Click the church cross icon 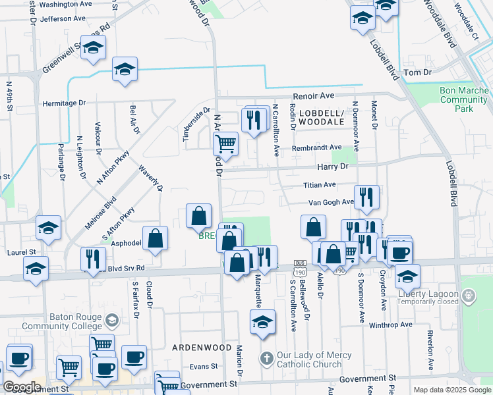(266, 359)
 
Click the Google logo (22, 387)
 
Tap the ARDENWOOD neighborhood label (202, 347)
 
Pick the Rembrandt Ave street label (317, 147)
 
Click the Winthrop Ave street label (390, 325)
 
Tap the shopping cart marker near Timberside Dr (225, 143)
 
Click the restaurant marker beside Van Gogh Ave (366, 196)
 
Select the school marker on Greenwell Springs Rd (94, 47)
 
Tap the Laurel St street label (22, 252)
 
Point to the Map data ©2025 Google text (451, 390)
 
